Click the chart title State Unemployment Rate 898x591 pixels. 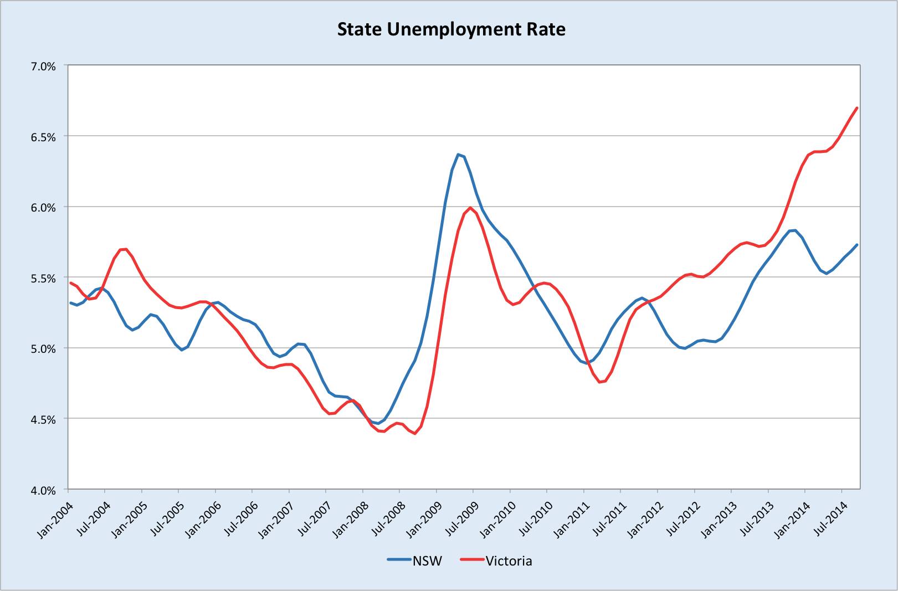451,29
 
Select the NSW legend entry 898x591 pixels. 427,561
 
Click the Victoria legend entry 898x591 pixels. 508,561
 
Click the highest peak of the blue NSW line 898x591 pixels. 458,154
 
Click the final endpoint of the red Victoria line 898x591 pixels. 857,107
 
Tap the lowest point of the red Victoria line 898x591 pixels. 415,434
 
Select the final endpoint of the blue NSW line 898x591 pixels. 857,244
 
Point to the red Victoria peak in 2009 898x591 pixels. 470,208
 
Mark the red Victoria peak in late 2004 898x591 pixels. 126,249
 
